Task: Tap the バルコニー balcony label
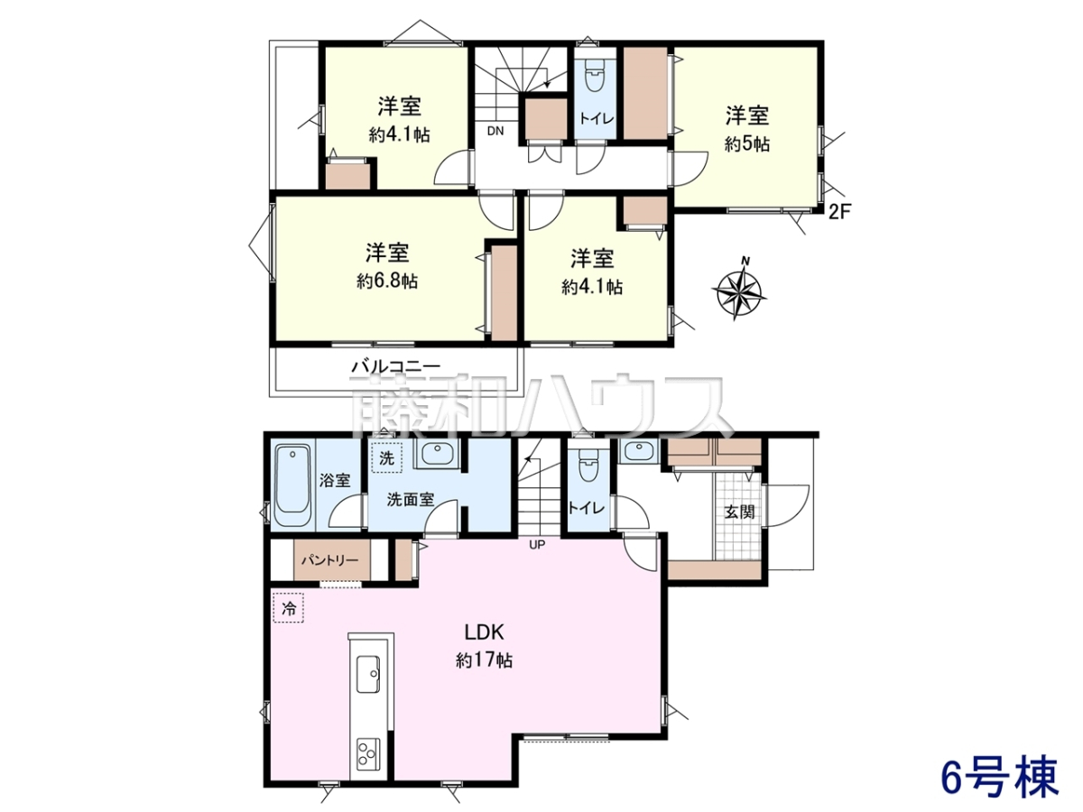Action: pyautogui.click(x=395, y=367)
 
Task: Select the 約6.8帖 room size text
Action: pyautogui.click(x=387, y=281)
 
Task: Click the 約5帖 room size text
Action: pyautogui.click(x=747, y=144)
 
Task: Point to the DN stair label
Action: pyautogui.click(x=495, y=131)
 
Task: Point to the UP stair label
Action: pyautogui.click(x=537, y=545)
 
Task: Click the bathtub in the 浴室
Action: pyautogui.click(x=292, y=485)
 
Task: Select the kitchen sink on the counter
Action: pyautogui.click(x=367, y=674)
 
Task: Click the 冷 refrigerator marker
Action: pyautogui.click(x=289, y=608)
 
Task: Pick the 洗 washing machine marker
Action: pyautogui.click(x=386, y=458)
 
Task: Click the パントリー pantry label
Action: pyautogui.click(x=329, y=560)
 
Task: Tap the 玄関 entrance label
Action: pyautogui.click(x=739, y=512)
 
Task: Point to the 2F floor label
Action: pyautogui.click(x=839, y=212)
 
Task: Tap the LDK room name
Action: pyautogui.click(x=484, y=632)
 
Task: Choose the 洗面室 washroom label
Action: pyautogui.click(x=410, y=500)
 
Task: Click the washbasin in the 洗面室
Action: pyautogui.click(x=436, y=453)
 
